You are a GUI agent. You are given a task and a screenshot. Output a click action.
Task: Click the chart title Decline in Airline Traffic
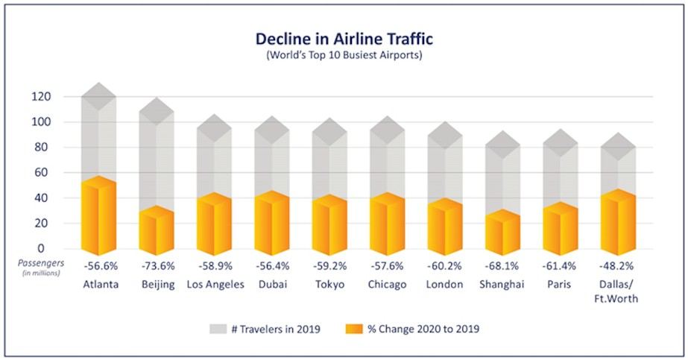pos(344,39)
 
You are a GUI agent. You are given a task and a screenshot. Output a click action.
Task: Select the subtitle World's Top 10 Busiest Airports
pos(344,56)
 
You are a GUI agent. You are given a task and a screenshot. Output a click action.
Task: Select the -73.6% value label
pos(157,266)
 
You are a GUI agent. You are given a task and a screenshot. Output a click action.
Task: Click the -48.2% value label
pos(618,266)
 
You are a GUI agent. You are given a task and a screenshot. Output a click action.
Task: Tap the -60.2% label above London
pos(445,266)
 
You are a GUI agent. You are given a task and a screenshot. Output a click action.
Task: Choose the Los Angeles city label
pos(215,284)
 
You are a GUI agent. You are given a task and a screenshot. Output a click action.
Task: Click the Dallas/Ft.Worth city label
pos(618,290)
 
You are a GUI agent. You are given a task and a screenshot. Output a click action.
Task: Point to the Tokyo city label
pos(329,284)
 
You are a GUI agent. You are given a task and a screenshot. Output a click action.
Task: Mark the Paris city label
pos(560,284)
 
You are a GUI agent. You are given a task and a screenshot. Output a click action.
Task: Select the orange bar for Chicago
pos(387,224)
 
